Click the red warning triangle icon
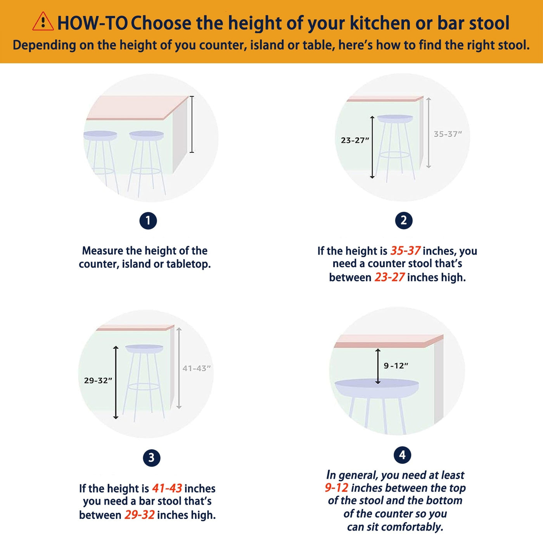click(43, 21)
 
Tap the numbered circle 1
click(148, 221)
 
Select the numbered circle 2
click(403, 220)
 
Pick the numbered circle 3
click(151, 458)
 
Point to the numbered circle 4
click(402, 455)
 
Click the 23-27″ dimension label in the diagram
click(355, 140)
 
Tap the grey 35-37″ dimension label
click(448, 134)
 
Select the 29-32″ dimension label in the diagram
click(98, 381)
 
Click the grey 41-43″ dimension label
click(196, 368)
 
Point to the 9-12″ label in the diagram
click(396, 366)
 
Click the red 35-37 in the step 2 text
click(405, 251)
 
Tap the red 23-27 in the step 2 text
click(389, 278)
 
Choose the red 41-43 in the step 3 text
click(167, 488)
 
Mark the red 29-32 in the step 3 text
click(140, 515)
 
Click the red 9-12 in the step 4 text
click(336, 488)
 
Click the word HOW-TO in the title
click(93, 23)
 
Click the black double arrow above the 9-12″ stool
click(378, 366)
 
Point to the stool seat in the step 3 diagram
click(144, 349)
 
